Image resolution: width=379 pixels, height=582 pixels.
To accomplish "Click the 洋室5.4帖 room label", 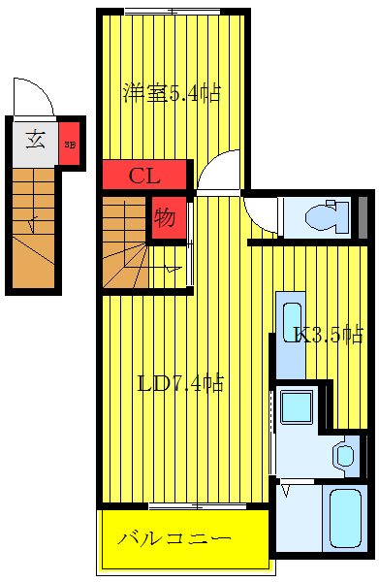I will [x=171, y=93].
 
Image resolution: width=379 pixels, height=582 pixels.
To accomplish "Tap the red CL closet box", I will [x=144, y=176].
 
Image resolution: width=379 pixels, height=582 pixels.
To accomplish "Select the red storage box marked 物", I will [x=166, y=217].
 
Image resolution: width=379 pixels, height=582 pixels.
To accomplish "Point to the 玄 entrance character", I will [x=35, y=139].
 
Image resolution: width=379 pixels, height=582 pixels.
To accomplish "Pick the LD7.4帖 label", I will [x=180, y=383].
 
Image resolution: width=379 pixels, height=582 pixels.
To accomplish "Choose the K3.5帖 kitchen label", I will [x=329, y=336].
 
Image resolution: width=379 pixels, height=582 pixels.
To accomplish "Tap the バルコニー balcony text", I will [x=174, y=537].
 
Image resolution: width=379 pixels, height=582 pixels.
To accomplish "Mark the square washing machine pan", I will [x=296, y=406].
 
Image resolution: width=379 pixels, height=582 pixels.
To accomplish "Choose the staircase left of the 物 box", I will [x=124, y=242].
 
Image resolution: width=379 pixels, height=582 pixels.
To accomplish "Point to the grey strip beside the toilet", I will [x=363, y=217].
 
